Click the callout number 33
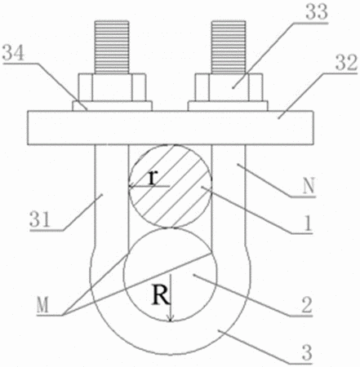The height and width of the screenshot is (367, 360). tap(317, 11)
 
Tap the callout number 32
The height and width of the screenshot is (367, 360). tap(346, 63)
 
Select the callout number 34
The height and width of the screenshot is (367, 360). tap(13, 53)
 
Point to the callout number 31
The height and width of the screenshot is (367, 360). tap(40, 219)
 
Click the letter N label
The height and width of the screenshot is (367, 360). tap(309, 186)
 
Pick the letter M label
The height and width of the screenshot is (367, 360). tap(42, 305)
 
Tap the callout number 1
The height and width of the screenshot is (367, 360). tap(308, 224)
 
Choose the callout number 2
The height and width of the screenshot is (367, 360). tap(306, 305)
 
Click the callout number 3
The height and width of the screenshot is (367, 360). tap(307, 352)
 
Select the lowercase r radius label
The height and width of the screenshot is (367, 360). tap(153, 178)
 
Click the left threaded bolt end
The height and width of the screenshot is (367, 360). tap(112, 47)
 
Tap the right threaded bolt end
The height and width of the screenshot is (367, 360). tap(229, 47)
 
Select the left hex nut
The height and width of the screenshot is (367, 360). tap(112, 87)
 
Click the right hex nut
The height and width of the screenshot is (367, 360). tap(229, 87)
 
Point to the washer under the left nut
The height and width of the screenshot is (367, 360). tap(112, 106)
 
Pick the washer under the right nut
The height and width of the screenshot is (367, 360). tap(228, 106)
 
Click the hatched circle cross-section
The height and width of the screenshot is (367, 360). tap(170, 186)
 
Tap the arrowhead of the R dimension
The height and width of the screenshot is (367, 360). tap(171, 318)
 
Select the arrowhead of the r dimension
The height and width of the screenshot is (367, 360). tap(132, 186)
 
